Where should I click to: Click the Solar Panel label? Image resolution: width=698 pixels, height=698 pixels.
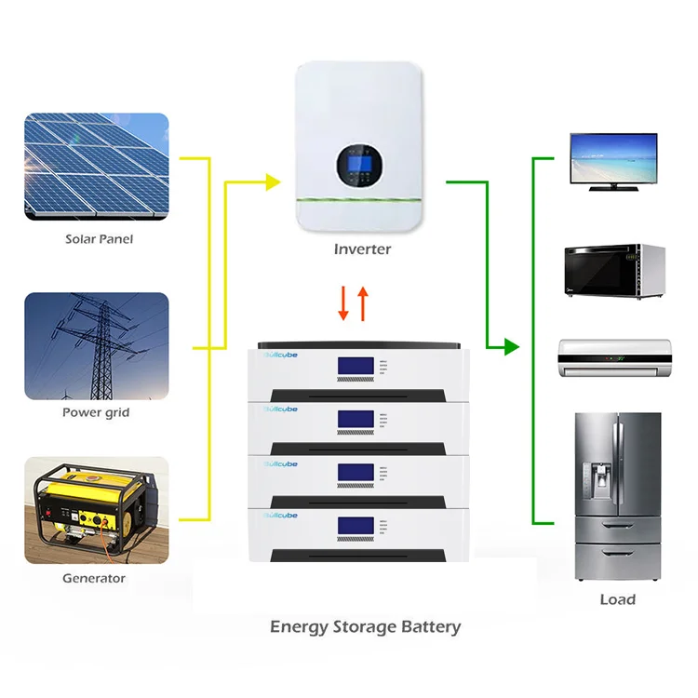click(x=99, y=239)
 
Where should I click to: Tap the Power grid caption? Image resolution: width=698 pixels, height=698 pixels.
click(x=96, y=412)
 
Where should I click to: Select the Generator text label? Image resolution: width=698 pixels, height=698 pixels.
click(x=94, y=578)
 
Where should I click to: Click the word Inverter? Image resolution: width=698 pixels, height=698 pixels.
click(x=362, y=249)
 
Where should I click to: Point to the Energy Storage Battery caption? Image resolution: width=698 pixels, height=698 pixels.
click(x=365, y=626)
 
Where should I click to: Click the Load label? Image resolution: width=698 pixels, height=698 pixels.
click(x=617, y=599)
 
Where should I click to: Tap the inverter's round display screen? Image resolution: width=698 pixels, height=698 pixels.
click(x=362, y=166)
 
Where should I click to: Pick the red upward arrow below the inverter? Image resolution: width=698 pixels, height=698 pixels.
click(x=363, y=303)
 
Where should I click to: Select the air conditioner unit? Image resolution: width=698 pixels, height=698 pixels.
click(x=615, y=356)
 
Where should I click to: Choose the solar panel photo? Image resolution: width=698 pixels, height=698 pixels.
click(x=97, y=168)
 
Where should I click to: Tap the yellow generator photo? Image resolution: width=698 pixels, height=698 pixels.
click(x=97, y=509)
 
